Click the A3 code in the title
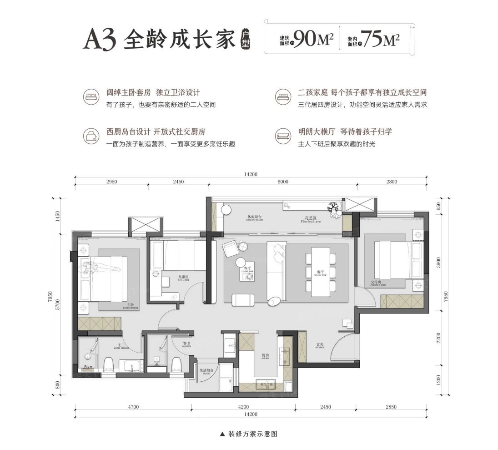100,40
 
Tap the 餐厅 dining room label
320,270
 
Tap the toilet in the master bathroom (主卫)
108,364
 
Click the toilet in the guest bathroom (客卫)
176,364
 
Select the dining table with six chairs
321,271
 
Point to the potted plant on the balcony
335,207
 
